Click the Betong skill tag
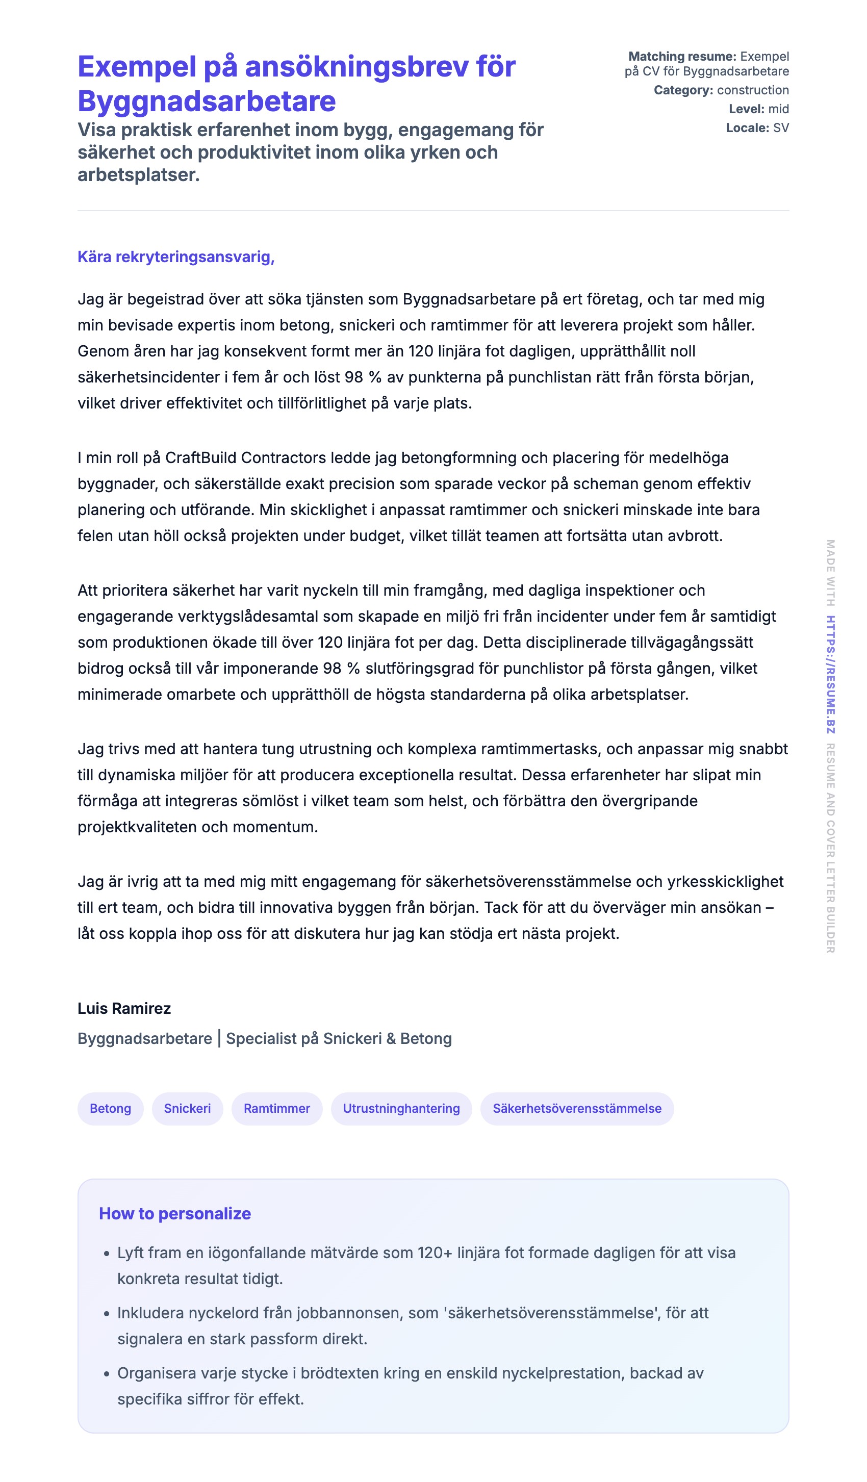click(x=110, y=1108)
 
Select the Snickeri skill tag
click(x=187, y=1108)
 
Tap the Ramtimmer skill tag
click(x=276, y=1108)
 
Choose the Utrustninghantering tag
click(x=401, y=1108)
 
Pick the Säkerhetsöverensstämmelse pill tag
click(x=576, y=1108)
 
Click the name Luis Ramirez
click(x=124, y=1008)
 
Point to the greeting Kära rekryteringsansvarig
click(x=176, y=257)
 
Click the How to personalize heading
click(x=175, y=1213)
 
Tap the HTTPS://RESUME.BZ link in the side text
click(x=830, y=674)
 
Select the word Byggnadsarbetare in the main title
click(x=207, y=101)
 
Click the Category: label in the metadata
click(x=683, y=90)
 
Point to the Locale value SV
click(x=780, y=127)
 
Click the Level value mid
click(x=778, y=109)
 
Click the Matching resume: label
click(x=682, y=57)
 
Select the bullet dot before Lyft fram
click(x=107, y=1253)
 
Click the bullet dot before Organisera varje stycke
click(x=107, y=1374)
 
